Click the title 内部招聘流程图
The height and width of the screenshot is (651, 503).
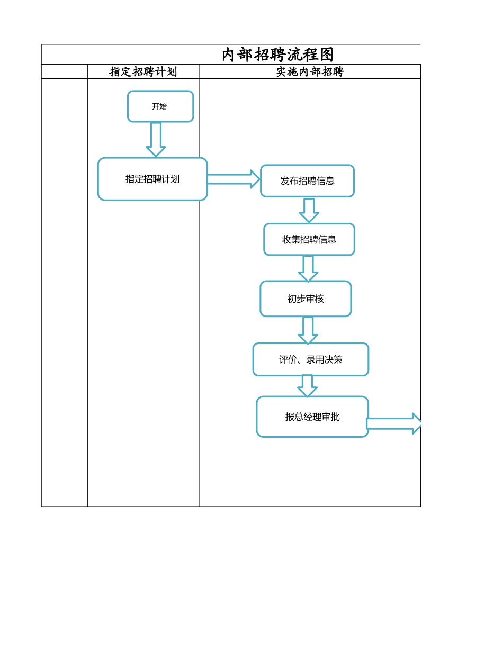[277, 55]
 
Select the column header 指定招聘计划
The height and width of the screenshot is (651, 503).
[143, 72]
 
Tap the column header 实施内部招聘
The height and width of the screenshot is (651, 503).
[310, 72]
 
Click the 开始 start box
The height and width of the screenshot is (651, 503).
[160, 106]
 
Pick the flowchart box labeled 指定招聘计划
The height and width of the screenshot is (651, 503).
[152, 179]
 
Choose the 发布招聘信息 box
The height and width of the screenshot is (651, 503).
[307, 181]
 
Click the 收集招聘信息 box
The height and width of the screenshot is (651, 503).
[309, 240]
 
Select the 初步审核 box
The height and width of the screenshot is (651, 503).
[306, 299]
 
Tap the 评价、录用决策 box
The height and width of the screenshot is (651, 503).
[310, 360]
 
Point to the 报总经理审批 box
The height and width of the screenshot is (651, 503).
[312, 417]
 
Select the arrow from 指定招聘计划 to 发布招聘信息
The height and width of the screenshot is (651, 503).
[233, 179]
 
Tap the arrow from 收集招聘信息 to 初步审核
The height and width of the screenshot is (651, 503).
[308, 269]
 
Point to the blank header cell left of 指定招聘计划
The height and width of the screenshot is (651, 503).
[65, 72]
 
